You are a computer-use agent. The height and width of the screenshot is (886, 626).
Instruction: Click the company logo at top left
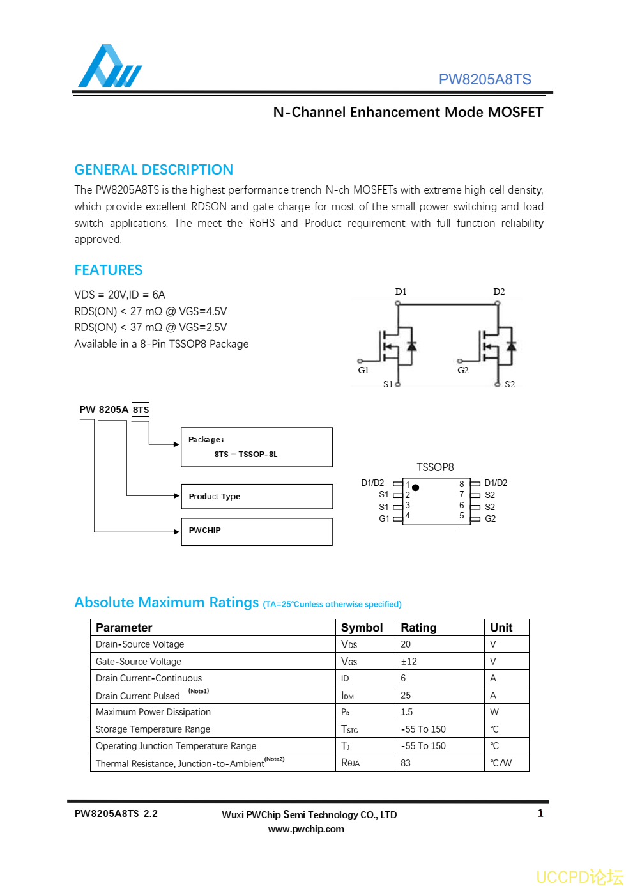coord(109,66)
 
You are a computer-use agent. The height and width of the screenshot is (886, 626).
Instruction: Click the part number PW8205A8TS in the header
coord(484,79)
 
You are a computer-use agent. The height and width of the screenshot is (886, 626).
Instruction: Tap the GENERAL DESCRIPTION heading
coord(153,169)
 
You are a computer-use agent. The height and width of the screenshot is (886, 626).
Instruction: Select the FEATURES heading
coord(108,270)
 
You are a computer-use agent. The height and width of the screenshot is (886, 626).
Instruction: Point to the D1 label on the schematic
coord(401,291)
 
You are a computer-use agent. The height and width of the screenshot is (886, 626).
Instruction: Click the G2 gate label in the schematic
coord(462,370)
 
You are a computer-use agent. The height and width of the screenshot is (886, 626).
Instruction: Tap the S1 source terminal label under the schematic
coord(388,384)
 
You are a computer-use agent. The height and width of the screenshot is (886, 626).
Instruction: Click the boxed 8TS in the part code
coord(141,410)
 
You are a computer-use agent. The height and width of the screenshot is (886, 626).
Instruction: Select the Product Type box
coord(256,496)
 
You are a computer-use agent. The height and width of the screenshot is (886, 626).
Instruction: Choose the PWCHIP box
coord(256,531)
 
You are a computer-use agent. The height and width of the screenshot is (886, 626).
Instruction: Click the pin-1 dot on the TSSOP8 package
coord(416,488)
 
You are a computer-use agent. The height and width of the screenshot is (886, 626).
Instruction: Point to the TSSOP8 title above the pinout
coord(435,467)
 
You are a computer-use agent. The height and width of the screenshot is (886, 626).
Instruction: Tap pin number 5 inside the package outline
coord(462,515)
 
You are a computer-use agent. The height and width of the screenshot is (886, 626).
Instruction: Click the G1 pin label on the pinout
coord(384,518)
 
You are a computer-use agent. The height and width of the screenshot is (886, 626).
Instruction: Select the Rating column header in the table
coord(418,628)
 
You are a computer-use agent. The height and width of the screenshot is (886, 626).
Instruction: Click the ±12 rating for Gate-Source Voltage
coord(409,662)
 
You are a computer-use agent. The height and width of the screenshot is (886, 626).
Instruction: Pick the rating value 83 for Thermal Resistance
coord(406,763)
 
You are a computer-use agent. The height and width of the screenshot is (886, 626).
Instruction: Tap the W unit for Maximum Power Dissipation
coord(494,712)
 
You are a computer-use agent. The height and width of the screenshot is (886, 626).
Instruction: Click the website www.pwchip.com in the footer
coord(306,829)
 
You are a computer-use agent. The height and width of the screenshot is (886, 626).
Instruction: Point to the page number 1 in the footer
coord(540,813)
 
